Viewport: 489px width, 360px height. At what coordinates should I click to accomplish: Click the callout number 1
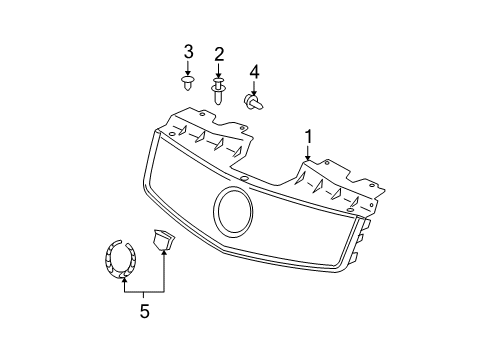[309, 138]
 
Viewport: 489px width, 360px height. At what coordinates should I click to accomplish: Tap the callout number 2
[218, 54]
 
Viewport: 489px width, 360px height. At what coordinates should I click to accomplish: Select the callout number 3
[187, 52]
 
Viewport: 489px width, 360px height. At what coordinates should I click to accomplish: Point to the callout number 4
[254, 71]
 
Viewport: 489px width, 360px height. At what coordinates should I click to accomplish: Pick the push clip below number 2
[218, 94]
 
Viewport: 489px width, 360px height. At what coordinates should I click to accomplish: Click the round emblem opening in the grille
[235, 212]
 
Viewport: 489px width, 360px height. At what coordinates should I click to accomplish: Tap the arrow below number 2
[218, 70]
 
